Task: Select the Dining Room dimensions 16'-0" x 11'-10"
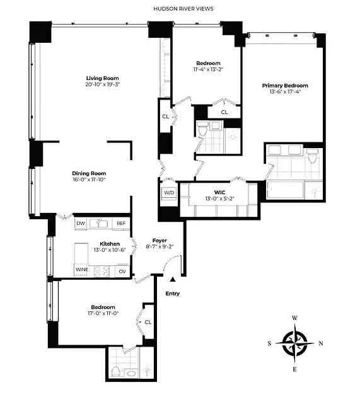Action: (x=88, y=180)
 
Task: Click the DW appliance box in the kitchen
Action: (x=80, y=223)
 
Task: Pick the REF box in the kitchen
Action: (x=121, y=223)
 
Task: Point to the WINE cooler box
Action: (x=83, y=269)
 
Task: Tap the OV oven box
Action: (x=122, y=270)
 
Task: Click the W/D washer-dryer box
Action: (x=168, y=193)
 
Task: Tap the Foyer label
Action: (x=159, y=241)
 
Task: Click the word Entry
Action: (x=172, y=294)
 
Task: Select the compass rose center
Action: (x=294, y=343)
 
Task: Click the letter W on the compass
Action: (x=294, y=318)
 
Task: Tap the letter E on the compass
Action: (x=294, y=369)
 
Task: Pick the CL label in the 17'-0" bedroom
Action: (x=148, y=321)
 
